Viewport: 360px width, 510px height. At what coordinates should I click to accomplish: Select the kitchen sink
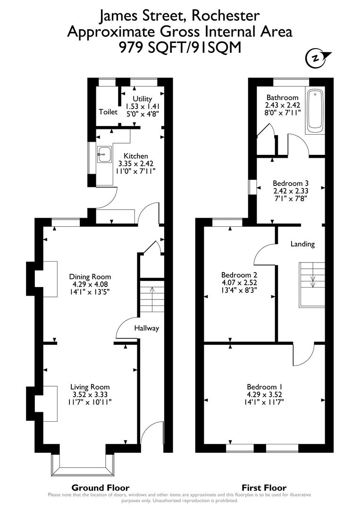pyautogui.click(x=104, y=154)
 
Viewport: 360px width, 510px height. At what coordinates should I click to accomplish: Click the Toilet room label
pyautogui.click(x=108, y=112)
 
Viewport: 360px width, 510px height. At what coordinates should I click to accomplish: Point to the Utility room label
pyautogui.click(x=142, y=99)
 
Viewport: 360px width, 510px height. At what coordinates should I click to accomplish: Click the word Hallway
pyautogui.click(x=146, y=328)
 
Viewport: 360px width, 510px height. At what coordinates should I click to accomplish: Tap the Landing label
pyautogui.click(x=302, y=244)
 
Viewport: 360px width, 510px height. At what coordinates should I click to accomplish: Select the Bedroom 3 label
pyautogui.click(x=291, y=183)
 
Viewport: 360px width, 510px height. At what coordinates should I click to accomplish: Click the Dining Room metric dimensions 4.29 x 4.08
pyautogui.click(x=90, y=285)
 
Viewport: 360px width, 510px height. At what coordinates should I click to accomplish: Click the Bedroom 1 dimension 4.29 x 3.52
pyautogui.click(x=264, y=394)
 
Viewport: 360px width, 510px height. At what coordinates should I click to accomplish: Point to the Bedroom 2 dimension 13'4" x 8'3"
pyautogui.click(x=239, y=291)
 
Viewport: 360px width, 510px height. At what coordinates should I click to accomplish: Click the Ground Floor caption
pyautogui.click(x=100, y=487)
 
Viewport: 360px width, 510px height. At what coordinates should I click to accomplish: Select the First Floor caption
pyautogui.click(x=264, y=487)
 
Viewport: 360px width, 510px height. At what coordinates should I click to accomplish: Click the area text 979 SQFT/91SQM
pyautogui.click(x=180, y=46)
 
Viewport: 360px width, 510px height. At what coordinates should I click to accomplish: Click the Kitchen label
pyautogui.click(x=136, y=156)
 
